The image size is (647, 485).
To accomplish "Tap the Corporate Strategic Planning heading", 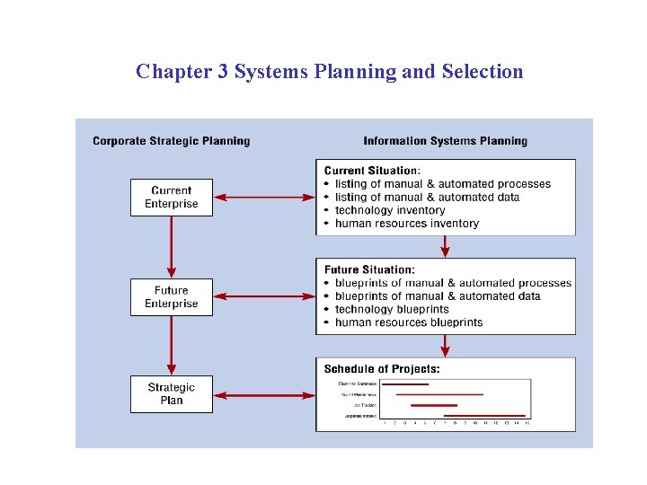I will click(172, 141).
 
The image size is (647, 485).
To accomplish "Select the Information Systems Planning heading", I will click(445, 141).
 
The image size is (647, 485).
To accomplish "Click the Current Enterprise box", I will click(172, 197).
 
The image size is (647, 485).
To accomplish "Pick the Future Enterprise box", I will click(172, 296).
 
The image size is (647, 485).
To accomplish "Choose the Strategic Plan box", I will click(172, 394).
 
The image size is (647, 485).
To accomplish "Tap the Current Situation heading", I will click(371, 171).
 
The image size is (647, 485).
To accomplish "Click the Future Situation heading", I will click(369, 269).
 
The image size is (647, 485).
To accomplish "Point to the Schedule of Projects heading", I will click(382, 368).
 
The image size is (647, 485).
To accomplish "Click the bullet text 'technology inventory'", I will click(390, 210).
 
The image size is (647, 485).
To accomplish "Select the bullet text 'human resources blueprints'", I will click(409, 322).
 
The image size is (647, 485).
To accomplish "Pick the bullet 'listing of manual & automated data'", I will click(427, 197).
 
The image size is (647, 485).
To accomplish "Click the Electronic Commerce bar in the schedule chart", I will click(405, 384).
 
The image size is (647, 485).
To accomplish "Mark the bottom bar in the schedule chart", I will click(484, 416).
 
